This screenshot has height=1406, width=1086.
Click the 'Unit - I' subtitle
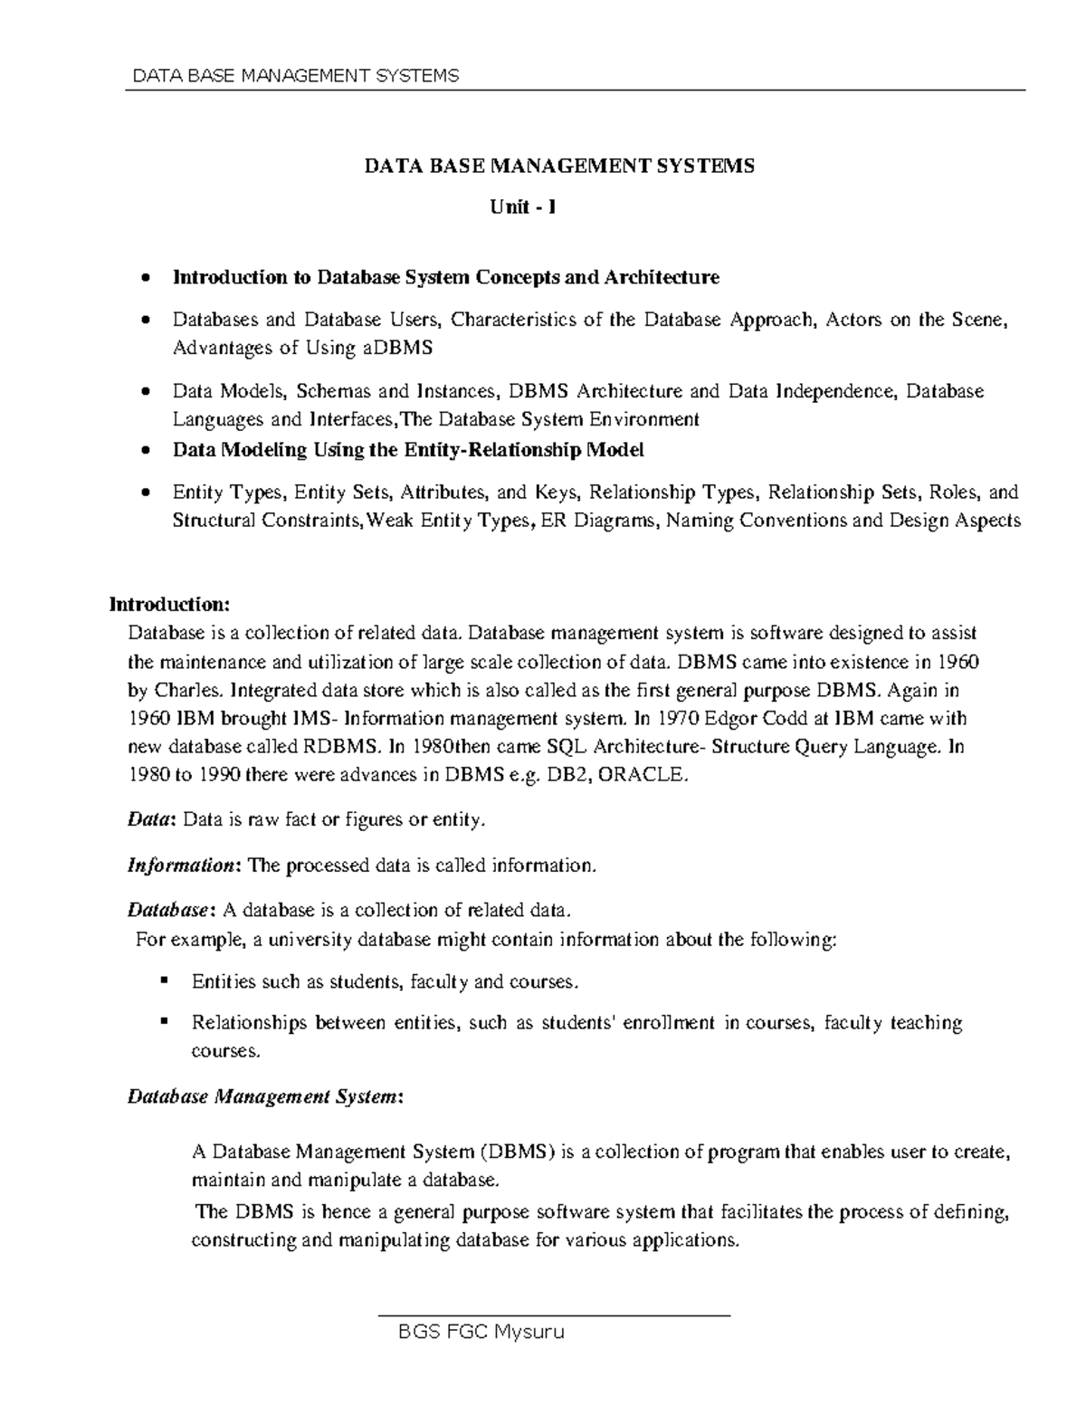click(x=522, y=207)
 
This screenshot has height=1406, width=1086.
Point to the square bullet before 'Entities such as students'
click(x=164, y=980)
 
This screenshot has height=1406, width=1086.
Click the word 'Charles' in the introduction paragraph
click(x=186, y=691)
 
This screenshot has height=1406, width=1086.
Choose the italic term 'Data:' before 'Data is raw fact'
click(x=150, y=820)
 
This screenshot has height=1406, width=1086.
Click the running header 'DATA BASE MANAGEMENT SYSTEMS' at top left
click(x=296, y=75)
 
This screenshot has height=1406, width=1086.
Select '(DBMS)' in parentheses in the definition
click(x=518, y=1153)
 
